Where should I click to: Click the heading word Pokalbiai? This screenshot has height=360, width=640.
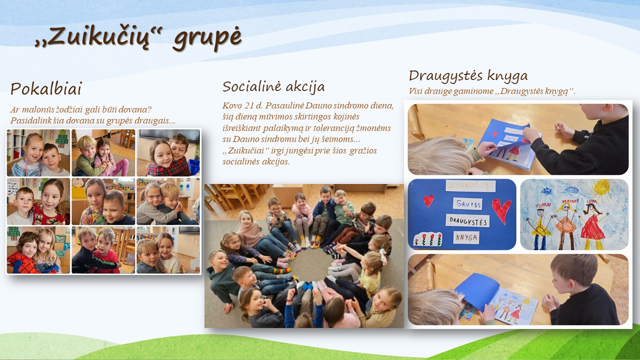(x=46, y=88)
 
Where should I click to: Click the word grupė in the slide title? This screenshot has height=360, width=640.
(x=207, y=37)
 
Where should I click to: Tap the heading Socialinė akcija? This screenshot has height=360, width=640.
(x=273, y=87)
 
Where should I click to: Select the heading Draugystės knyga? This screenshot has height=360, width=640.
(x=468, y=76)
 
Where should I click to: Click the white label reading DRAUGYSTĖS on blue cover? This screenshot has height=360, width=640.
(x=467, y=221)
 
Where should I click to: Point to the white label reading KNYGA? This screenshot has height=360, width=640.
(x=466, y=237)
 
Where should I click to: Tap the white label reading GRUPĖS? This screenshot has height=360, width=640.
(x=467, y=204)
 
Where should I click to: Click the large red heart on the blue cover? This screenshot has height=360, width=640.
(x=501, y=210)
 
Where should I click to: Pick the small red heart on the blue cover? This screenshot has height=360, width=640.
(x=428, y=200)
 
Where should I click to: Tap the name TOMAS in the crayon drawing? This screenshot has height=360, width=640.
(x=543, y=205)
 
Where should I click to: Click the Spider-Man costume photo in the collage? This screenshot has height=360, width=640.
(x=38, y=250)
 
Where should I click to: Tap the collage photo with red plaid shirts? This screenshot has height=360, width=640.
(x=168, y=153)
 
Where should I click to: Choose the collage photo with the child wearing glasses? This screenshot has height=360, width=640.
(x=168, y=201)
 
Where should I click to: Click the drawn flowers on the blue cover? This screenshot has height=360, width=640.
(x=428, y=239)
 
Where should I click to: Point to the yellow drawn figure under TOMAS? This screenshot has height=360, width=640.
(x=539, y=228)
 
